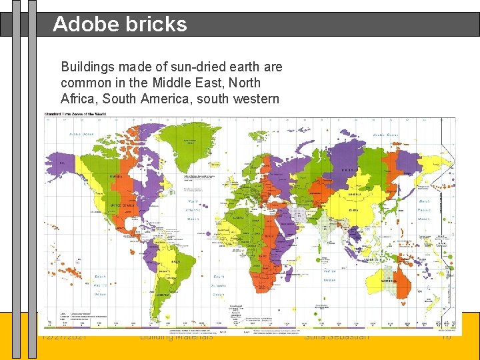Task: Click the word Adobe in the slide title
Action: (x=83, y=24)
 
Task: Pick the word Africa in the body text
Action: (x=79, y=99)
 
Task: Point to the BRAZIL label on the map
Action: (x=177, y=261)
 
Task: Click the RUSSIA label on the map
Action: (x=350, y=169)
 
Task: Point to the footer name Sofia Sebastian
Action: (x=336, y=337)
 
